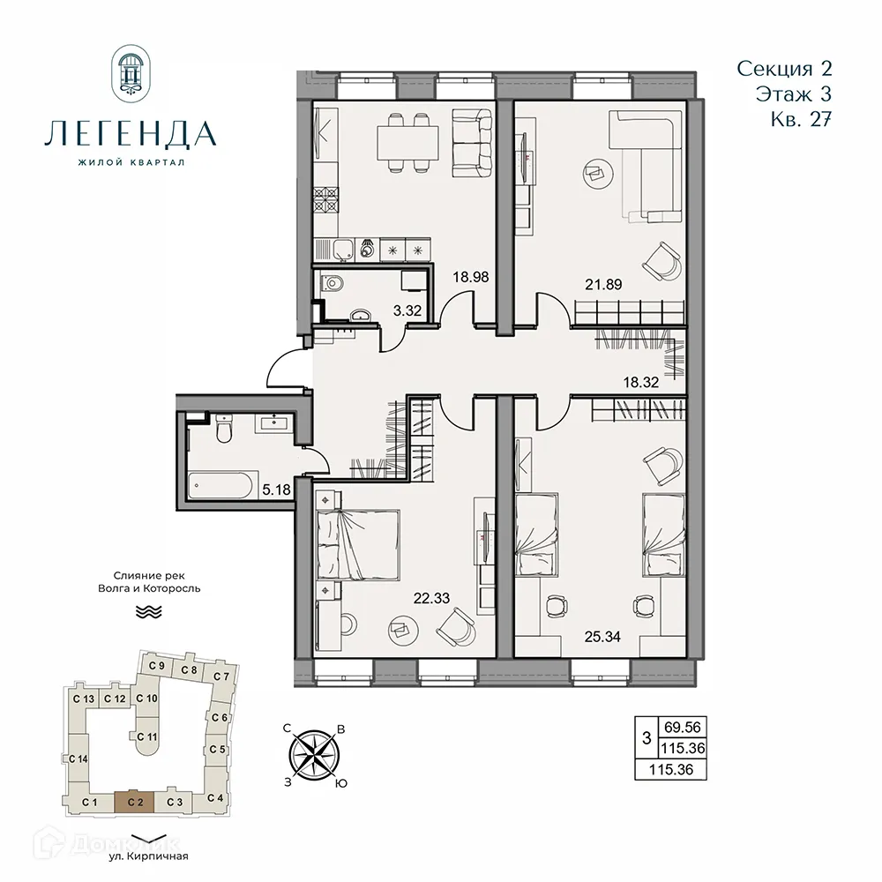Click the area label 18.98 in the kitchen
click(471, 276)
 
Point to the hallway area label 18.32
click(641, 382)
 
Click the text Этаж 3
click(793, 93)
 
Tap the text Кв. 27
click(800, 120)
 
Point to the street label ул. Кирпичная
click(147, 855)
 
